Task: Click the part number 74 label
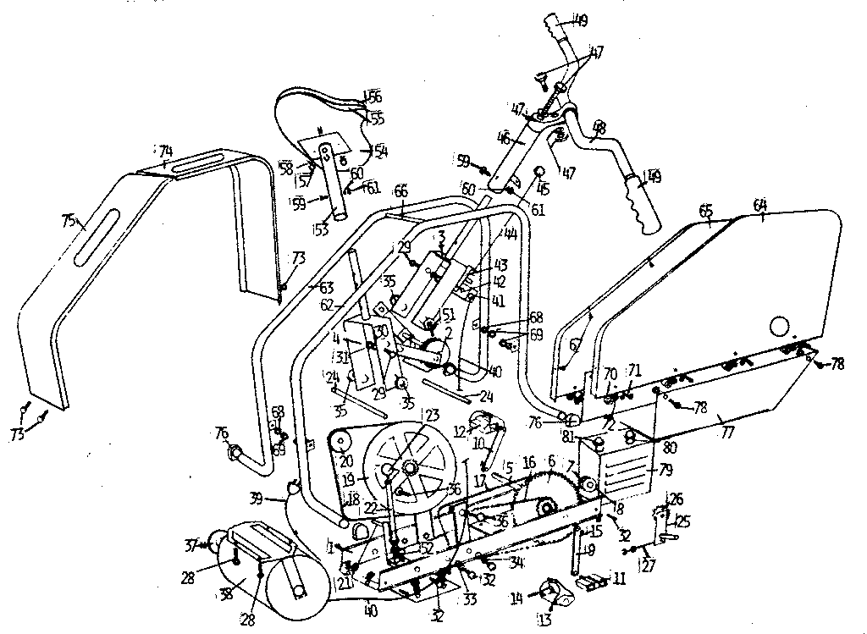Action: (x=165, y=152)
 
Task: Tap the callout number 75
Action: (x=70, y=221)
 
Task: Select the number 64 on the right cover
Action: (x=759, y=204)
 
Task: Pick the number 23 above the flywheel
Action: (x=433, y=416)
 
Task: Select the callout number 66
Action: (x=400, y=192)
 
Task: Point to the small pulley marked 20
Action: (x=340, y=440)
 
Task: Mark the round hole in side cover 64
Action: (x=781, y=325)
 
